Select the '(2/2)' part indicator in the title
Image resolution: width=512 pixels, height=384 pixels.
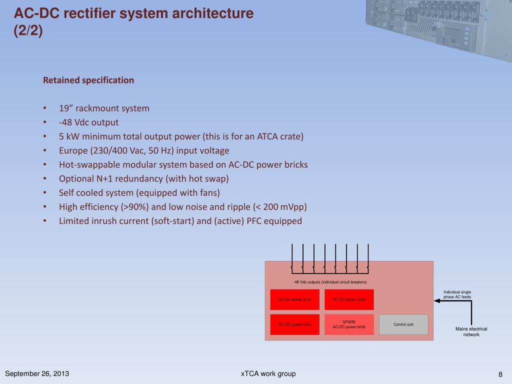[x=28, y=31]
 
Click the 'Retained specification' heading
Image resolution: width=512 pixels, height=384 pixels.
[x=88, y=80]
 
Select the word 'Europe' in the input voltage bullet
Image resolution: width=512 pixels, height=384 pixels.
[x=73, y=150]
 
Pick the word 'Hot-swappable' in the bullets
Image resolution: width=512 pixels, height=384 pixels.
[x=86, y=164]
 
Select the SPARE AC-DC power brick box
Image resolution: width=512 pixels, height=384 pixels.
[x=349, y=324]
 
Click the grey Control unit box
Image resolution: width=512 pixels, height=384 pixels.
[x=403, y=324]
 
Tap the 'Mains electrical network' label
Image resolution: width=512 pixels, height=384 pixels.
[x=471, y=331]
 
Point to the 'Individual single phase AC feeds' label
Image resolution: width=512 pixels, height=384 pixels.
[x=457, y=294]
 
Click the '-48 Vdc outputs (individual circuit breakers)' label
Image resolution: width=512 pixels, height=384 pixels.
[x=330, y=282]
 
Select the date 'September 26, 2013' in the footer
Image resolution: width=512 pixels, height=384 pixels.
[x=37, y=374]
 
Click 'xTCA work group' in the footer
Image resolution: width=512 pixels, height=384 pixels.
[x=268, y=373]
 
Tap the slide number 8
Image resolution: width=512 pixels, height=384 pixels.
[x=500, y=374]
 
